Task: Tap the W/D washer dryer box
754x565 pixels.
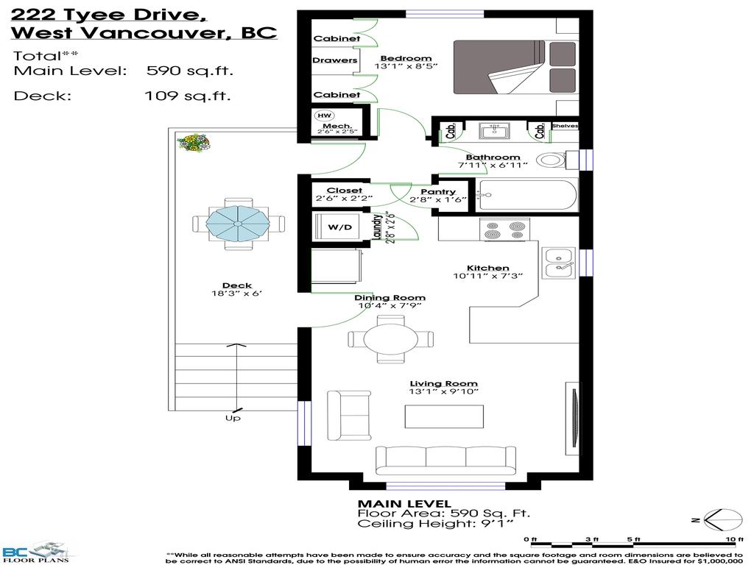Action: [339, 229]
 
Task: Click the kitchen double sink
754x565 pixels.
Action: [559, 263]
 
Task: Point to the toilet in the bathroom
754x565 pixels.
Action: [552, 160]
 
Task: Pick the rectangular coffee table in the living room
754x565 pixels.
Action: [444, 416]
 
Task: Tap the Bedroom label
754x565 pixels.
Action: [406, 59]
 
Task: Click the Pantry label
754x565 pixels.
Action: [438, 192]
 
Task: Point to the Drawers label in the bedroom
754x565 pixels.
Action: [335, 60]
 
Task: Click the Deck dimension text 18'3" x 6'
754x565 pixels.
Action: [237, 294]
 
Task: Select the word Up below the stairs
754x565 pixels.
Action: [233, 418]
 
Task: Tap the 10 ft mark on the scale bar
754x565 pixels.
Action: [730, 539]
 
